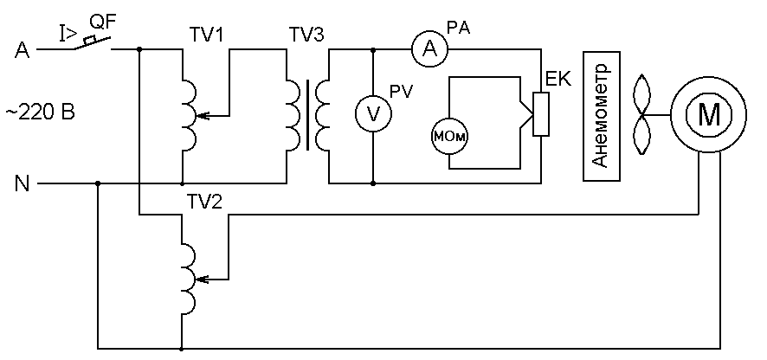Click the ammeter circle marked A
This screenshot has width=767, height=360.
[x=429, y=49]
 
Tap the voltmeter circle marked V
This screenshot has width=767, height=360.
[x=373, y=114]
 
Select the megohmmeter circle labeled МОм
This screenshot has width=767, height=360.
[x=449, y=137]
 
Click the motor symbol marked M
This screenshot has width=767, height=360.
[x=708, y=114]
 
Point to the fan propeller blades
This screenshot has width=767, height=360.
[x=642, y=115]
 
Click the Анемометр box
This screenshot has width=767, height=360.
[x=601, y=117]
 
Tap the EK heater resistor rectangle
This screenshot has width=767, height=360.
[x=540, y=114]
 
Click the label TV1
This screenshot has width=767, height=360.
[x=207, y=35]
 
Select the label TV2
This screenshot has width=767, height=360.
[x=205, y=201]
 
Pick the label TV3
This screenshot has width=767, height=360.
[x=306, y=35]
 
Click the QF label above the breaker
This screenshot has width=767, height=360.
[x=103, y=22]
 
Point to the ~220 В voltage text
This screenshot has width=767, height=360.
[x=41, y=113]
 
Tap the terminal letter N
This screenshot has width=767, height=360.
[x=22, y=184]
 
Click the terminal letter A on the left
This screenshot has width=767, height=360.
[x=22, y=50]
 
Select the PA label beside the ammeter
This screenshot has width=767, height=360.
[x=458, y=28]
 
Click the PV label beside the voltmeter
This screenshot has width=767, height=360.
[x=401, y=92]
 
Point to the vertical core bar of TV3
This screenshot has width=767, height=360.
[x=307, y=115]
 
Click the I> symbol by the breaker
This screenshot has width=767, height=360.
[x=68, y=33]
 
